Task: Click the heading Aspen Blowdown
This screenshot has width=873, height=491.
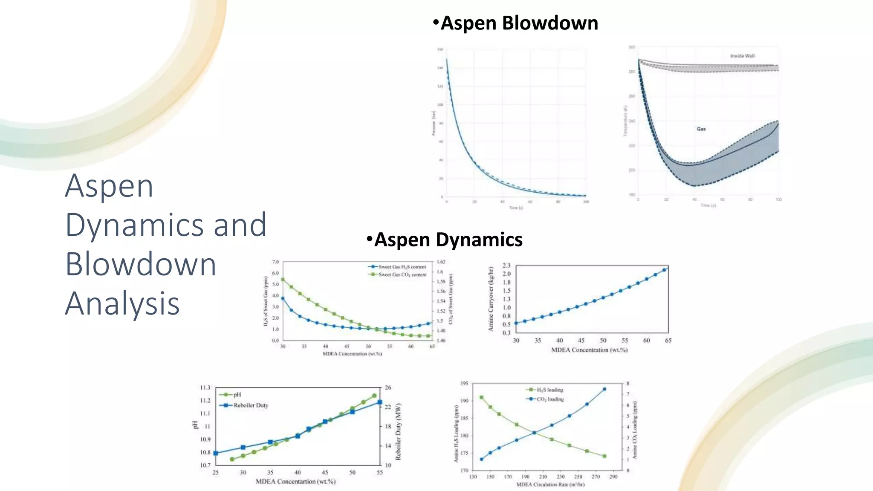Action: click(x=519, y=23)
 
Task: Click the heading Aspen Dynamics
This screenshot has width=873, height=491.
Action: click(x=448, y=240)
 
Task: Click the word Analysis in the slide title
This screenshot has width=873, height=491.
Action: click(x=122, y=303)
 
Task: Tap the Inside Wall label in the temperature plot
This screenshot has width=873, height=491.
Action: click(x=742, y=56)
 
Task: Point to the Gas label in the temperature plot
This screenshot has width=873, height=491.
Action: click(x=701, y=129)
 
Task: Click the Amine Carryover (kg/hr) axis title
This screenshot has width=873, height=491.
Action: click(x=491, y=299)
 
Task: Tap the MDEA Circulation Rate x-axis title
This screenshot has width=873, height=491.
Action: click(x=550, y=485)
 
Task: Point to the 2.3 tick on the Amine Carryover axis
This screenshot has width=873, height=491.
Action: click(x=506, y=266)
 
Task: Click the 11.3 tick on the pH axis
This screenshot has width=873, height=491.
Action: click(x=205, y=387)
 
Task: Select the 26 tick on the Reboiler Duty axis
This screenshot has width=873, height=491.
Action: click(x=388, y=387)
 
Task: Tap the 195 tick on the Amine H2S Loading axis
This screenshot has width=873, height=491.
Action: click(x=464, y=383)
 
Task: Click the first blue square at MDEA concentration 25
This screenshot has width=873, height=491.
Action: click(x=216, y=453)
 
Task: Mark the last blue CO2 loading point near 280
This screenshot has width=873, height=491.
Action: click(x=604, y=389)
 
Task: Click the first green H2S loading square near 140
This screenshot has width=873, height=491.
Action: click(x=481, y=397)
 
